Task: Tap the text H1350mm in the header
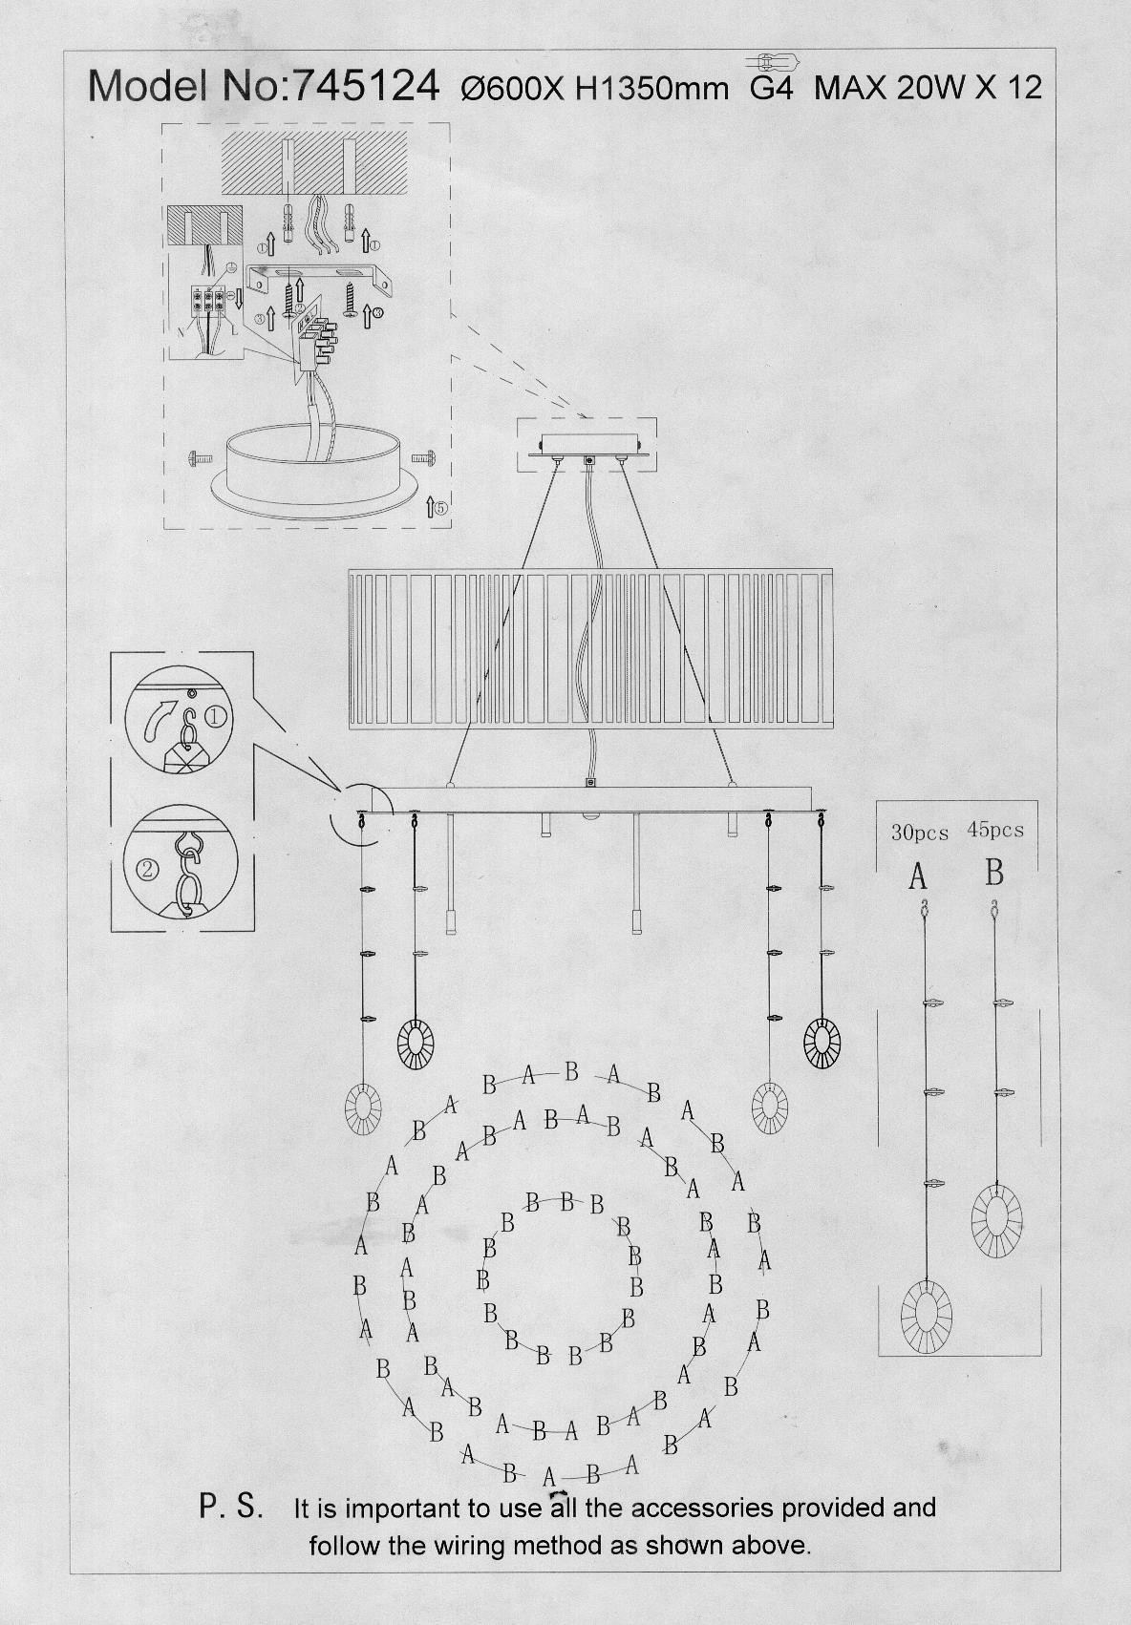click(651, 89)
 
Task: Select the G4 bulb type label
click(772, 88)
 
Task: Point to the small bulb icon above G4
click(773, 61)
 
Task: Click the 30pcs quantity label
click(920, 833)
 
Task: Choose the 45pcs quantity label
click(995, 830)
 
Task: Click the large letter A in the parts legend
click(918, 877)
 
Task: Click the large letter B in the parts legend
click(994, 873)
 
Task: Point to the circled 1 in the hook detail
click(217, 717)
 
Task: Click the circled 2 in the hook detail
click(147, 869)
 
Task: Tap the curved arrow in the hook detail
click(159, 720)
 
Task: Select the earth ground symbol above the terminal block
click(230, 267)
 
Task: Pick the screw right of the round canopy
click(423, 457)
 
